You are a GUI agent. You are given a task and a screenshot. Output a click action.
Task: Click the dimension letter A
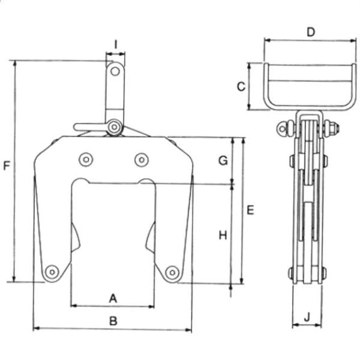pyautogui.click(x=112, y=297)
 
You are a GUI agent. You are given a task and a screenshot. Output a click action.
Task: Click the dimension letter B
pyautogui.click(x=113, y=321)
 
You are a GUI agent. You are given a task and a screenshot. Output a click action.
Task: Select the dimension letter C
pyautogui.click(x=241, y=86)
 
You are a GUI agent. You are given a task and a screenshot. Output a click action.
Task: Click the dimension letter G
pyautogui.click(x=222, y=160)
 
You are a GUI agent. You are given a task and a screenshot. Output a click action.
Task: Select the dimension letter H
pyautogui.click(x=222, y=236)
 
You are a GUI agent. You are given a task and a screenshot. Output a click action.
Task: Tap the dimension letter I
pyautogui.click(x=115, y=44)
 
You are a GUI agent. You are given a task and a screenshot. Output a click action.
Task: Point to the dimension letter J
pyautogui.click(x=307, y=316)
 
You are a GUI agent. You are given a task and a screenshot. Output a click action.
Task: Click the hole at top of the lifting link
pyautogui.click(x=115, y=71)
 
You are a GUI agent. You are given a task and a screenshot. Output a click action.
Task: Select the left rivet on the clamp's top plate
pyautogui.click(x=86, y=159)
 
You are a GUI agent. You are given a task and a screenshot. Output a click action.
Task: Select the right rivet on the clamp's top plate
pyautogui.click(x=141, y=159)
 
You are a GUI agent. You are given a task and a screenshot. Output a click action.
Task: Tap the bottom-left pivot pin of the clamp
pyautogui.click(x=51, y=272)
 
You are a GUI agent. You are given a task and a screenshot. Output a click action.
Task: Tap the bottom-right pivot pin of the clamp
pyautogui.click(x=172, y=272)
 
